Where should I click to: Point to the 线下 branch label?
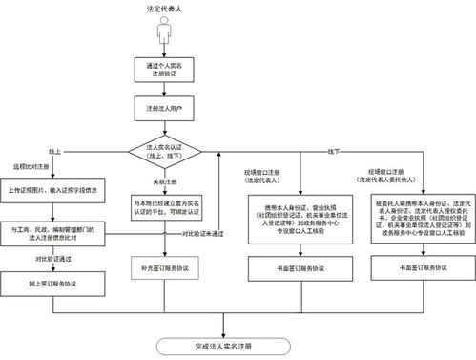coord(334,151)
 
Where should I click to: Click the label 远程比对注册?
coord(31,167)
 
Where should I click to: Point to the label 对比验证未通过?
coord(202,233)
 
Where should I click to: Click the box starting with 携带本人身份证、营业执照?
coord(285,218)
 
